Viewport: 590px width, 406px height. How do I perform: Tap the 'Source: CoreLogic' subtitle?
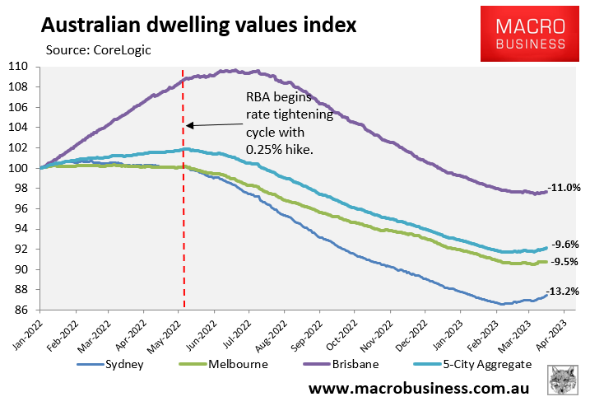point(100,49)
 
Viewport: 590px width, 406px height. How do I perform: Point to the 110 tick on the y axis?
point(18,67)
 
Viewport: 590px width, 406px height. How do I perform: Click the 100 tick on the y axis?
point(18,168)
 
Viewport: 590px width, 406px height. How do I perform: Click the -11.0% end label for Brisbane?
point(566,188)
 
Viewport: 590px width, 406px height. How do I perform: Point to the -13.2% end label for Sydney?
point(566,291)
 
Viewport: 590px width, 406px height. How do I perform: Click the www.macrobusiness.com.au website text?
point(419,387)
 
